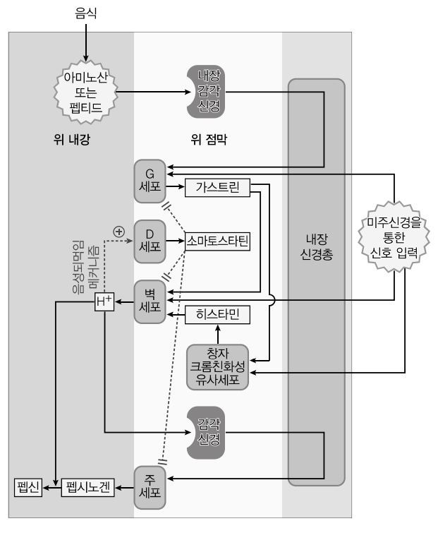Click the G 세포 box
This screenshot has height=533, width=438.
coord(150,181)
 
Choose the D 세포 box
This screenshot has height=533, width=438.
coord(150,241)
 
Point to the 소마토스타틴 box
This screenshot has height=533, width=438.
coord(218,241)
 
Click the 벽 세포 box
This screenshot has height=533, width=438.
coord(150,300)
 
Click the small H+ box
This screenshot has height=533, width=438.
coord(104,302)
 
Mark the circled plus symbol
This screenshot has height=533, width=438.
coord(118,230)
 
